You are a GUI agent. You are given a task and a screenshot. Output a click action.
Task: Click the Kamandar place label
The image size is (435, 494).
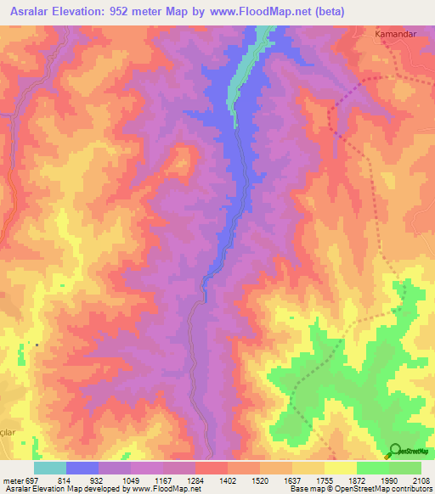point(393,35)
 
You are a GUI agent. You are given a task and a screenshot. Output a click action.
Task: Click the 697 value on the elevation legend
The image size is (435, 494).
point(32,480)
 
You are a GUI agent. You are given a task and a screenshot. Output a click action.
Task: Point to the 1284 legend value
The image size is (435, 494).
point(194,480)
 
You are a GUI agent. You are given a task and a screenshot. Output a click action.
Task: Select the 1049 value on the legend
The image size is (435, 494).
point(131,480)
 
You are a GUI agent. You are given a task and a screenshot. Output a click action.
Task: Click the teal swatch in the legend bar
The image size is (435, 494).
point(50,468)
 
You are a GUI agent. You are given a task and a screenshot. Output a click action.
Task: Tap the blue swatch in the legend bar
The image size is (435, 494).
point(82,468)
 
